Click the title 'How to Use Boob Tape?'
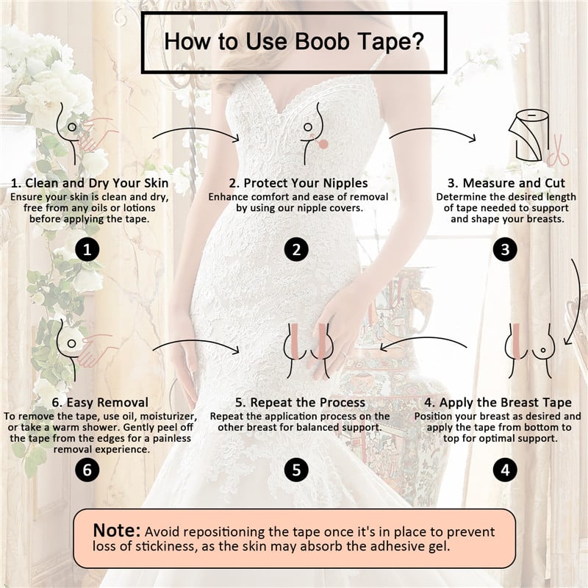(x=294, y=41)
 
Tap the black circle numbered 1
(x=87, y=250)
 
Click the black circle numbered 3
(x=504, y=250)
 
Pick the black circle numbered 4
(x=504, y=469)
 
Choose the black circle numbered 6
(x=87, y=469)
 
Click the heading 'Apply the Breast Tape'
(x=503, y=402)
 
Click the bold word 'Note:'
(x=116, y=531)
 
